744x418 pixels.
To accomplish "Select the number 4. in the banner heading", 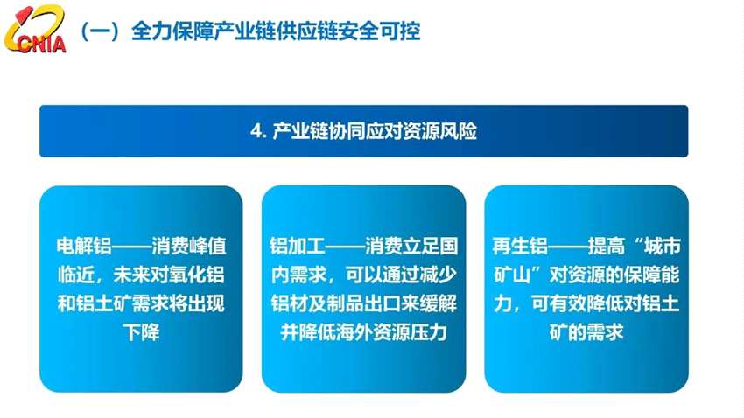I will pyautogui.click(x=258, y=131).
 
